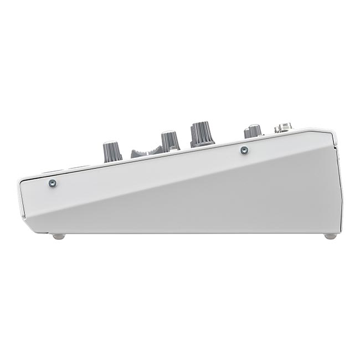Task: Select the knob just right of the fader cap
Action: (170, 141)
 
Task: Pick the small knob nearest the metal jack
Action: (253, 132)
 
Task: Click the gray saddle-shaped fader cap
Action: (145, 151)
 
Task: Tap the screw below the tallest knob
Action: (243, 149)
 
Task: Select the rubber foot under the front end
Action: (59, 236)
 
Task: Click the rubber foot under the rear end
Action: (330, 236)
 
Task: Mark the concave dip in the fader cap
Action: (145, 148)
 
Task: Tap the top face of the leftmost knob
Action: (112, 144)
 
